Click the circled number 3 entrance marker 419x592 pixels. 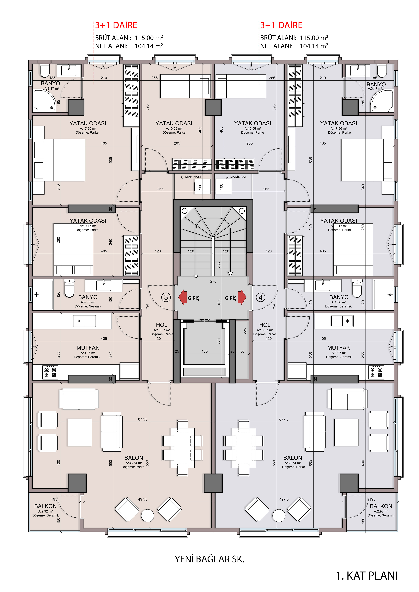pyautogui.click(x=166, y=297)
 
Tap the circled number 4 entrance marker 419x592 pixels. pyautogui.click(x=261, y=297)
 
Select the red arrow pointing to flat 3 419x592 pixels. pyautogui.click(x=183, y=297)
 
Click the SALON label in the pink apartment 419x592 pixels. pyautogui.click(x=134, y=458)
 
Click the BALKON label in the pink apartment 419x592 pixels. pyautogui.click(x=45, y=506)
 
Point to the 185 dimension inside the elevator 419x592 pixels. pyautogui.click(x=205, y=351)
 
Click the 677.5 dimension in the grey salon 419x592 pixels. pyautogui.click(x=284, y=419)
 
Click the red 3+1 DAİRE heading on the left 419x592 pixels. pyautogui.click(x=116, y=25)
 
